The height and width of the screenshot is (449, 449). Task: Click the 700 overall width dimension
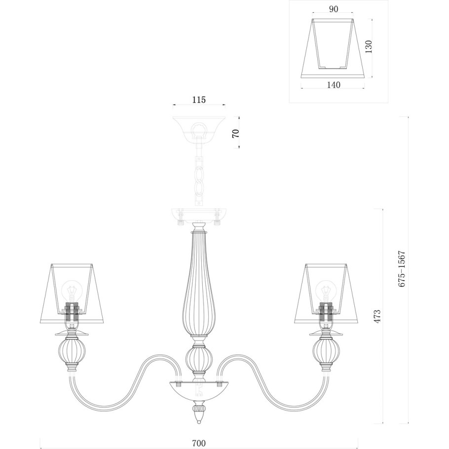tap(199, 443)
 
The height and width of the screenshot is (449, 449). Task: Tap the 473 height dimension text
tap(377, 316)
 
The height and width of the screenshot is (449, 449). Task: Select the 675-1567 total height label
tap(402, 269)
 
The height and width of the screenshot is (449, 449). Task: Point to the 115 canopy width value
tap(199, 100)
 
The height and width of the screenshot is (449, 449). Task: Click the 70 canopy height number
tap(235, 133)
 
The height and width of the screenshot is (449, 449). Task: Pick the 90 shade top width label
tap(334, 9)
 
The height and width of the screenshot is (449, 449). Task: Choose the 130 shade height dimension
tap(369, 47)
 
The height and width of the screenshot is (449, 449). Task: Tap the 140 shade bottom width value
tap(334, 85)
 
